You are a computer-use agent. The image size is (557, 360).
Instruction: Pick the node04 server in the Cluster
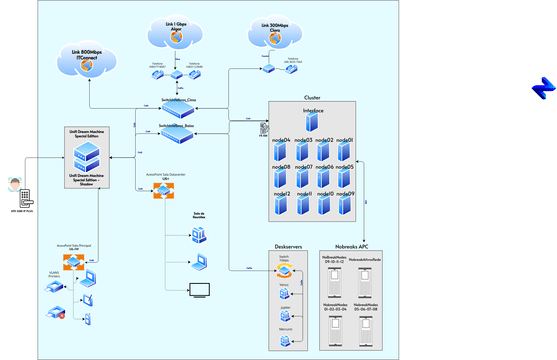coord(281,152)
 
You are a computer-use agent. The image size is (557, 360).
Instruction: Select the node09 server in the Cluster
coord(346,206)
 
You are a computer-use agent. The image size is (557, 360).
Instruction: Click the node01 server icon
coord(346,152)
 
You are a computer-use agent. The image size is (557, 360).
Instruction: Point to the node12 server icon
coord(281,206)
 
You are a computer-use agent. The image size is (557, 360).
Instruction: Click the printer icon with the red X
coord(55,312)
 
